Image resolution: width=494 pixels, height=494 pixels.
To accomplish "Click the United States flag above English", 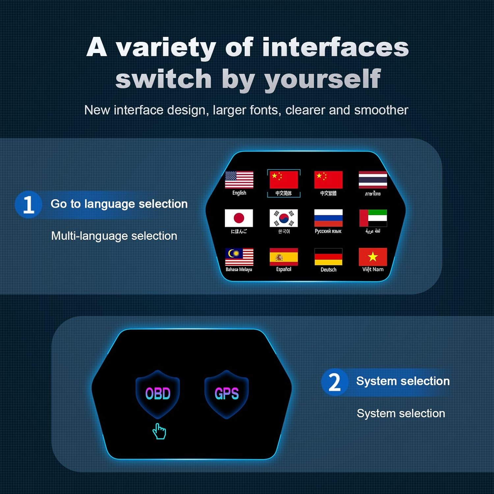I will point(239,179).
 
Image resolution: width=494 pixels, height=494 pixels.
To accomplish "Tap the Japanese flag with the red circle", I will point(239,218).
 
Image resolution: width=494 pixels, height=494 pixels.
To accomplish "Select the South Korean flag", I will point(284,218).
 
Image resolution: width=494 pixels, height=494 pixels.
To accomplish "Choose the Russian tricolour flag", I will point(328,218).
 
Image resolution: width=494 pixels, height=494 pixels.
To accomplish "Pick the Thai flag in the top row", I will point(373,180).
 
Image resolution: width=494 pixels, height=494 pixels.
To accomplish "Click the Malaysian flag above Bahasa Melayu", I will point(239,257).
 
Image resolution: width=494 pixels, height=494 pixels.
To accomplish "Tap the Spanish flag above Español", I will point(284,257).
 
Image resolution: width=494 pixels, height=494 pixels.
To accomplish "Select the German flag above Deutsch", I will point(328,257).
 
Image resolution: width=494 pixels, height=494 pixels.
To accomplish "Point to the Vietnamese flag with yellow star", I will point(373,257).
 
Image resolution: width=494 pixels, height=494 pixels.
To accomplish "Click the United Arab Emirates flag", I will point(373,218).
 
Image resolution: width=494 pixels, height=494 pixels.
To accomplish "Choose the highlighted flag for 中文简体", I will point(284,180).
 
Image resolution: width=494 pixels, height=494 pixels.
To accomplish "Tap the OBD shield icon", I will point(158,394).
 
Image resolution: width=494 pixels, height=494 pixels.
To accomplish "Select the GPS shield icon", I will point(227,394).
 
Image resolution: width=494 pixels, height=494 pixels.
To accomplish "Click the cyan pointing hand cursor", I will point(159,431).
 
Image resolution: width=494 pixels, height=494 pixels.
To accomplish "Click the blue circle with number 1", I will point(28,205).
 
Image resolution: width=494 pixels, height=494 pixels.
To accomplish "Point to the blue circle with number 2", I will point(335,382).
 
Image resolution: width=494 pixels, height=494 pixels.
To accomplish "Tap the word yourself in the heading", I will point(323,79).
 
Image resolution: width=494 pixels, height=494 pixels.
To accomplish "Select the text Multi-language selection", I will point(114,236).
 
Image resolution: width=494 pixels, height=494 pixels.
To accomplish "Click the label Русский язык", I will point(328,231).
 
